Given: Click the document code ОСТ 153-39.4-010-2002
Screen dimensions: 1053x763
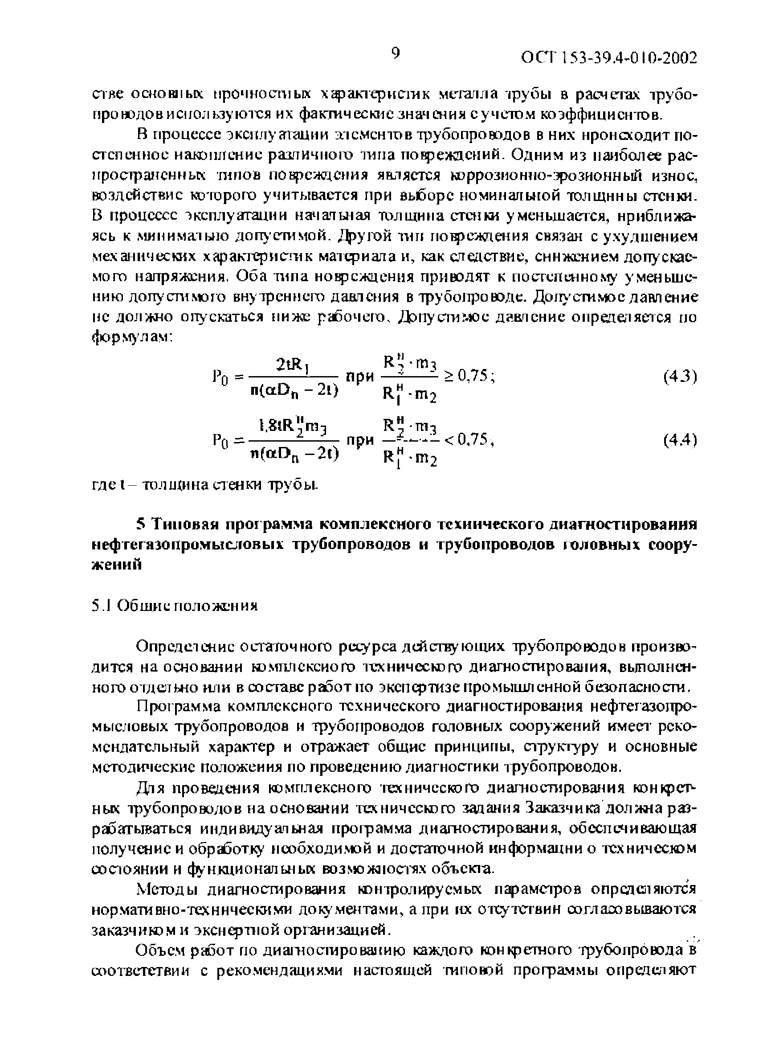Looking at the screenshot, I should (609, 58).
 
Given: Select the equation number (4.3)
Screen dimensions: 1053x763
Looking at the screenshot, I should (681, 377).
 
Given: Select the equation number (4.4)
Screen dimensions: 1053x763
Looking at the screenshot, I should (681, 440).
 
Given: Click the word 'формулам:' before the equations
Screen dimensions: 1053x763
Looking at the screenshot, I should (132, 338).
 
